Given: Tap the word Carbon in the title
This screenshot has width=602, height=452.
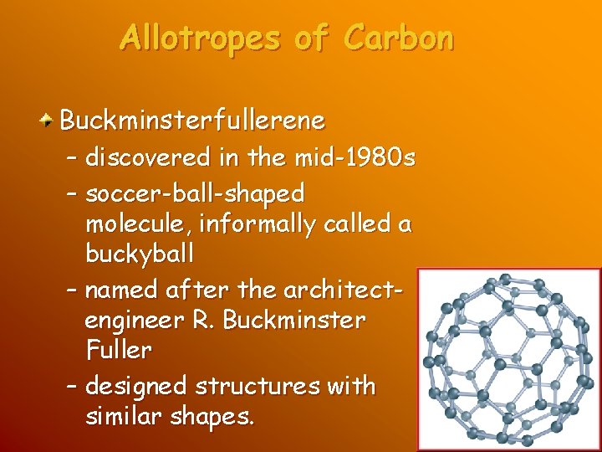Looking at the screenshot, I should pyautogui.click(x=399, y=39).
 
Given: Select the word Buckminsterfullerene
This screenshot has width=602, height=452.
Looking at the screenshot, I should pyautogui.click(x=191, y=121).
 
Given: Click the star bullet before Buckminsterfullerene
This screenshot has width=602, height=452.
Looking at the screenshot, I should pyautogui.click(x=48, y=121).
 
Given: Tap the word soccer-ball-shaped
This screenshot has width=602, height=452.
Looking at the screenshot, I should pyautogui.click(x=195, y=193).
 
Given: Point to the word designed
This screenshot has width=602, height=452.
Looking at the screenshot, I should pyautogui.click(x=136, y=387).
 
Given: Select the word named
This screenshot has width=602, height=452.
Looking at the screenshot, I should pyautogui.click(x=123, y=290).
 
